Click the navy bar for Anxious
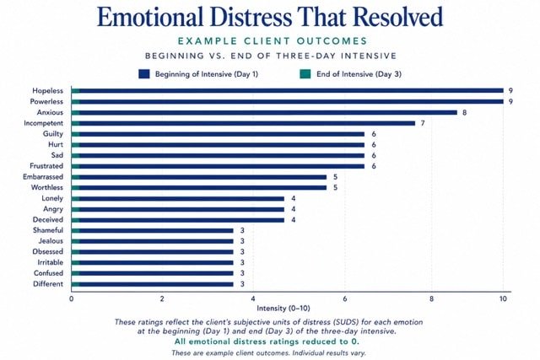[268, 112]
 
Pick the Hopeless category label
[47, 91]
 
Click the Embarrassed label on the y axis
[43, 177]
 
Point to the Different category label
[48, 284]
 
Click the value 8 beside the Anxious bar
[465, 112]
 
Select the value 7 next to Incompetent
[423, 123]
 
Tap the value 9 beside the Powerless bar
[510, 102]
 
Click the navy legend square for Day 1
[144, 74]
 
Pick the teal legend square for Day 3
[305, 74]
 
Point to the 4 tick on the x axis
[253, 298]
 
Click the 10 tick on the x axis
[503, 298]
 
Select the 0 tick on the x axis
[71, 298]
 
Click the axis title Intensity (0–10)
[283, 309]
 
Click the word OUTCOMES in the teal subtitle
[332, 41]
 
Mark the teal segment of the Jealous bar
[75, 241]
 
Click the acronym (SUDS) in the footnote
[345, 323]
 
